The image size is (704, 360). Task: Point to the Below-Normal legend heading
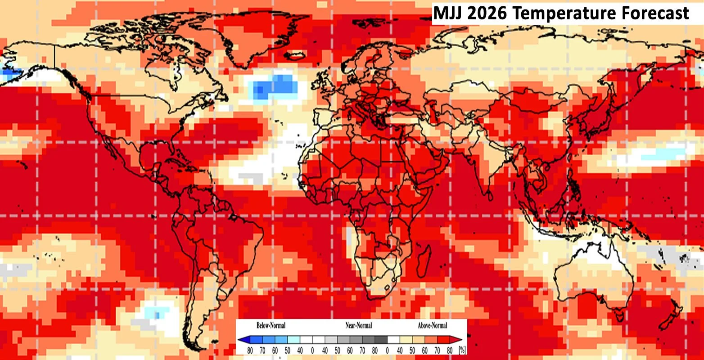(271, 325)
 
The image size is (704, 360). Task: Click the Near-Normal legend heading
(359, 325)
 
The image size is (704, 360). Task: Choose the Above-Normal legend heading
(432, 325)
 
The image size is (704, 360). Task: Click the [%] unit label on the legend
(462, 350)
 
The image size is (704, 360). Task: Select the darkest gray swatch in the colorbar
(381, 340)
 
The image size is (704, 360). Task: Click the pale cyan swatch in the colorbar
(293, 340)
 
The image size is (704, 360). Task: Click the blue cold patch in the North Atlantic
(275, 85)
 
